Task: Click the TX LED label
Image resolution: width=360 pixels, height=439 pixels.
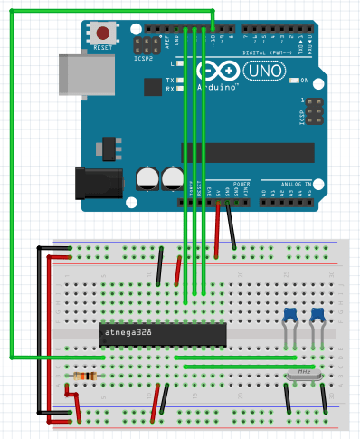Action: pos(170,80)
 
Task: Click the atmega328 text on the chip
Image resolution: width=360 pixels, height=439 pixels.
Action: pos(128,333)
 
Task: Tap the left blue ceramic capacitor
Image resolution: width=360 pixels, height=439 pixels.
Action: pos(289,314)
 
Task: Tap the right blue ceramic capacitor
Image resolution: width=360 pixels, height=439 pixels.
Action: pos(317,314)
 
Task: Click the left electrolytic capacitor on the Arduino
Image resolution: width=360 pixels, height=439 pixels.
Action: pos(147,177)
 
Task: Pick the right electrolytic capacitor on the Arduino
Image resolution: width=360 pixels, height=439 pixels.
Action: pos(172,177)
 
